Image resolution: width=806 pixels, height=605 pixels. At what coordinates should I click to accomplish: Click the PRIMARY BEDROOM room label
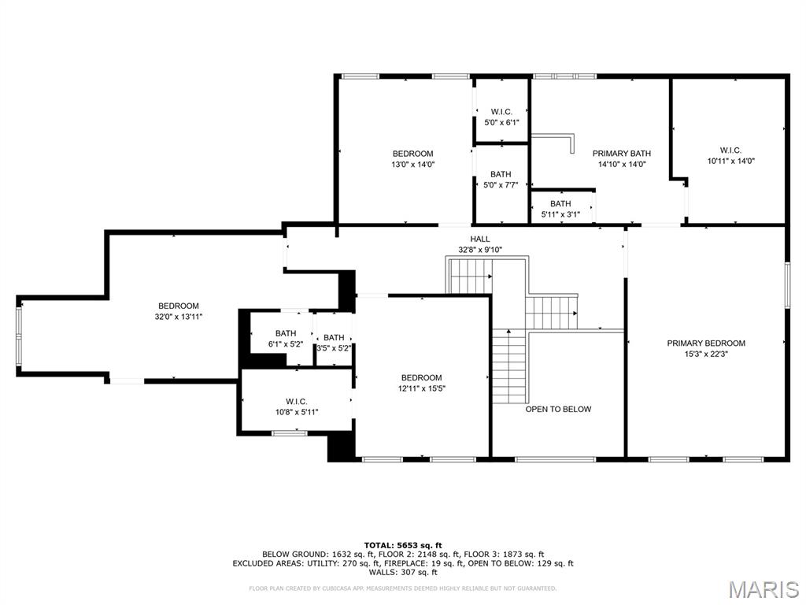click(x=706, y=343)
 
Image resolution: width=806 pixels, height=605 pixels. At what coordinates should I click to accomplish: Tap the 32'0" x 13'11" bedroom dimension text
click(x=179, y=317)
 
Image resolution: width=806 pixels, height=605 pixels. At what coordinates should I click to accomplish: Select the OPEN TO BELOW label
click(x=558, y=409)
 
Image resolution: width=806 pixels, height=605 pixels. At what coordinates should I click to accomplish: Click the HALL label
click(x=480, y=239)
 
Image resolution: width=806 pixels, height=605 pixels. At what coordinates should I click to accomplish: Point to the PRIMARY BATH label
click(x=622, y=154)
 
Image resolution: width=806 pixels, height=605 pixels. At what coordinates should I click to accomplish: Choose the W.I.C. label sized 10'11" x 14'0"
click(x=730, y=150)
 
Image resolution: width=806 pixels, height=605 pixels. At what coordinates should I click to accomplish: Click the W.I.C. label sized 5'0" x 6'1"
click(x=501, y=112)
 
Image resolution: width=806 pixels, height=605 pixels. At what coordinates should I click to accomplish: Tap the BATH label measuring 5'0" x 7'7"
click(x=501, y=174)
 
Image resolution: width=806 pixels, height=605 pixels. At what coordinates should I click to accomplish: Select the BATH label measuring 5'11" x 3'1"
click(x=560, y=203)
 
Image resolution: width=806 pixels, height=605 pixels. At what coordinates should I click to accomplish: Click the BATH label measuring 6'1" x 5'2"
click(x=286, y=334)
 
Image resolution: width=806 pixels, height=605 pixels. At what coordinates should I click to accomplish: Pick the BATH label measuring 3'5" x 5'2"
click(x=334, y=338)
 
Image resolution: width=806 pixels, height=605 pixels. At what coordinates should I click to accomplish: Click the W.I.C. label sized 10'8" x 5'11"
click(x=296, y=401)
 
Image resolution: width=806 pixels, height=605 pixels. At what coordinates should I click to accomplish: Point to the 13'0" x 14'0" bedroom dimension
click(x=413, y=165)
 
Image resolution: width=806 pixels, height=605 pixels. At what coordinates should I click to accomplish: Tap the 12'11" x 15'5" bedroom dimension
click(x=421, y=388)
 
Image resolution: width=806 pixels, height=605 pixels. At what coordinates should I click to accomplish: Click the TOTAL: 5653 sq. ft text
click(x=403, y=545)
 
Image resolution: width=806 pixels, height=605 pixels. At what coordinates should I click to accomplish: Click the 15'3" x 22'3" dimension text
click(x=706, y=354)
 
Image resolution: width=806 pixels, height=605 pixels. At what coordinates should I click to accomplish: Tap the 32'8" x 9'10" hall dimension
click(x=480, y=250)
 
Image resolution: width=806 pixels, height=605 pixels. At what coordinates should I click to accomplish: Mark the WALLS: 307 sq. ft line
click(x=403, y=573)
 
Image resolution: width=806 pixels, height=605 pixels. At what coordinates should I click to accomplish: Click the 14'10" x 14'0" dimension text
click(x=622, y=165)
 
